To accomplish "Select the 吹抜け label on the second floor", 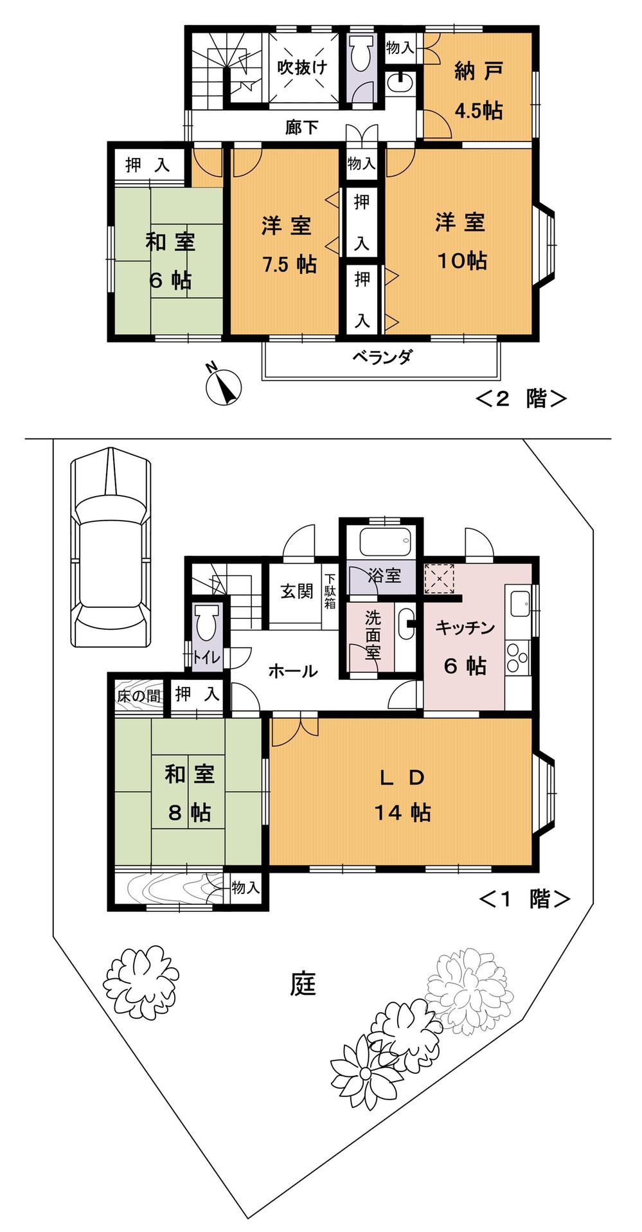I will click(302, 67).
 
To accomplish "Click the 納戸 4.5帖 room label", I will click(477, 90).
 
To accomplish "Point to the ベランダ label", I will click(382, 357).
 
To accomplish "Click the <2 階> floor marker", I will click(521, 398).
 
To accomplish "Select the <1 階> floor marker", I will click(524, 898).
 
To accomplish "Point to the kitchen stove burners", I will click(517, 660).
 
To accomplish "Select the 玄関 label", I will click(296, 591).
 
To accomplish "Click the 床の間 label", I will click(138, 695).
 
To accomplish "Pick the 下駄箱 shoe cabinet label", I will click(330, 591).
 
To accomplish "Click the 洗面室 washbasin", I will click(406, 623).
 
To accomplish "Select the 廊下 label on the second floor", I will click(301, 127).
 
